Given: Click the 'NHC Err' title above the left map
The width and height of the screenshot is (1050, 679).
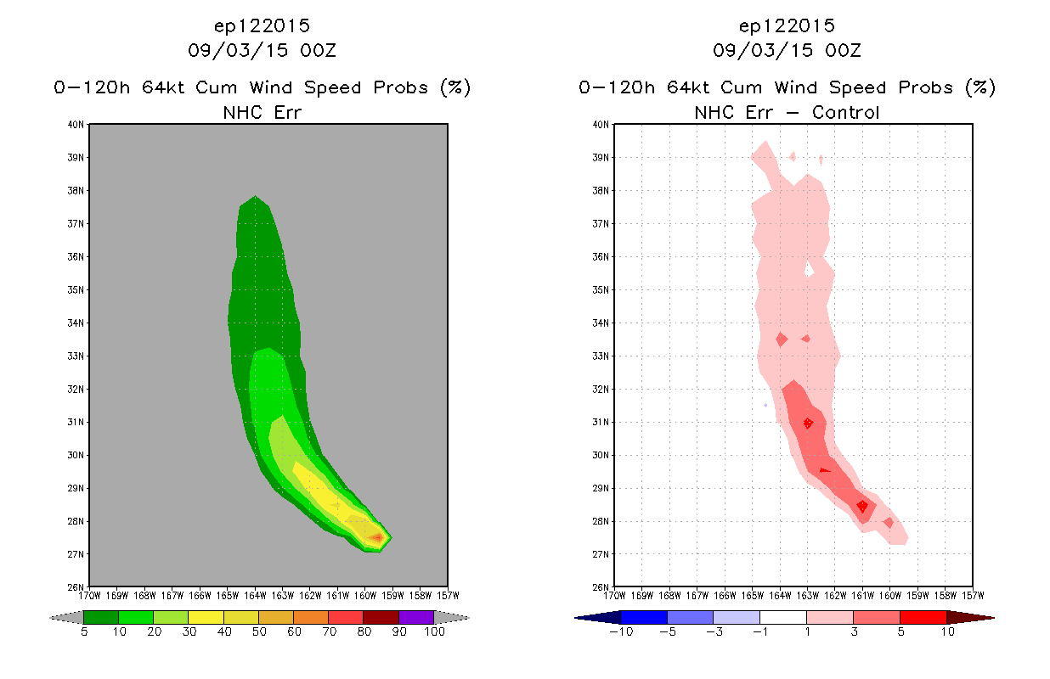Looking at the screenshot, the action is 262,112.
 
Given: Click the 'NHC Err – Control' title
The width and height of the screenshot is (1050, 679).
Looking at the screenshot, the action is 787,112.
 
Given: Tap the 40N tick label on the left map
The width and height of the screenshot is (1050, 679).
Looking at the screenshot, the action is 76,125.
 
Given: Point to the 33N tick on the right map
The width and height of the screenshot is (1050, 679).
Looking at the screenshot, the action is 601,356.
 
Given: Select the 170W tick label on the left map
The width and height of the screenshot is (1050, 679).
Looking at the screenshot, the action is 89,596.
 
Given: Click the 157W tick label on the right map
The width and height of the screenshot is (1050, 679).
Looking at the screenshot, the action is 974,596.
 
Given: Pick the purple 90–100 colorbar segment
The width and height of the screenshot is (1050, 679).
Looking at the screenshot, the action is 416,617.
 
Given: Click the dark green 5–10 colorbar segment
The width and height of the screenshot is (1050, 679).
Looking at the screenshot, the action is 101,617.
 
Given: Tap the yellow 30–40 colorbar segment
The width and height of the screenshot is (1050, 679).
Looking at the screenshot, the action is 206,617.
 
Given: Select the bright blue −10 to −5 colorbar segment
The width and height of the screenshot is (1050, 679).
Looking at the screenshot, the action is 644,617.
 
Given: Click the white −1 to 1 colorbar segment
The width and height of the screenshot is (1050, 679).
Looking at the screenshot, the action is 783,617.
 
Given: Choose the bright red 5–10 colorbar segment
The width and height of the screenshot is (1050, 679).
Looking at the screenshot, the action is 923,617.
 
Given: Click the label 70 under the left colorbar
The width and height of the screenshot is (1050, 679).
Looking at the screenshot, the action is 330,631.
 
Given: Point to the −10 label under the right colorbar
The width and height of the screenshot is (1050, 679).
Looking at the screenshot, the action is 621,631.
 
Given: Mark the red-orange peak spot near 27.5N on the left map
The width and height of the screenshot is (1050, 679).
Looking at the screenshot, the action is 377,537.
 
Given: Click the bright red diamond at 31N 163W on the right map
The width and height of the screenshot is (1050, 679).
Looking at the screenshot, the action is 808,424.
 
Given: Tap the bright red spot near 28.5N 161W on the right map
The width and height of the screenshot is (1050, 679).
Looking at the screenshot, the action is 862,506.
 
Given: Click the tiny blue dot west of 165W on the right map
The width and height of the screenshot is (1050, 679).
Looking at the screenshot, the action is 765,405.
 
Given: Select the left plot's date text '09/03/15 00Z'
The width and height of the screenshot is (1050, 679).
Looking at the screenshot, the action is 262,50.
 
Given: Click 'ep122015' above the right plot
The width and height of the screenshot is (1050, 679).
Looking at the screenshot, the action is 787,25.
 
